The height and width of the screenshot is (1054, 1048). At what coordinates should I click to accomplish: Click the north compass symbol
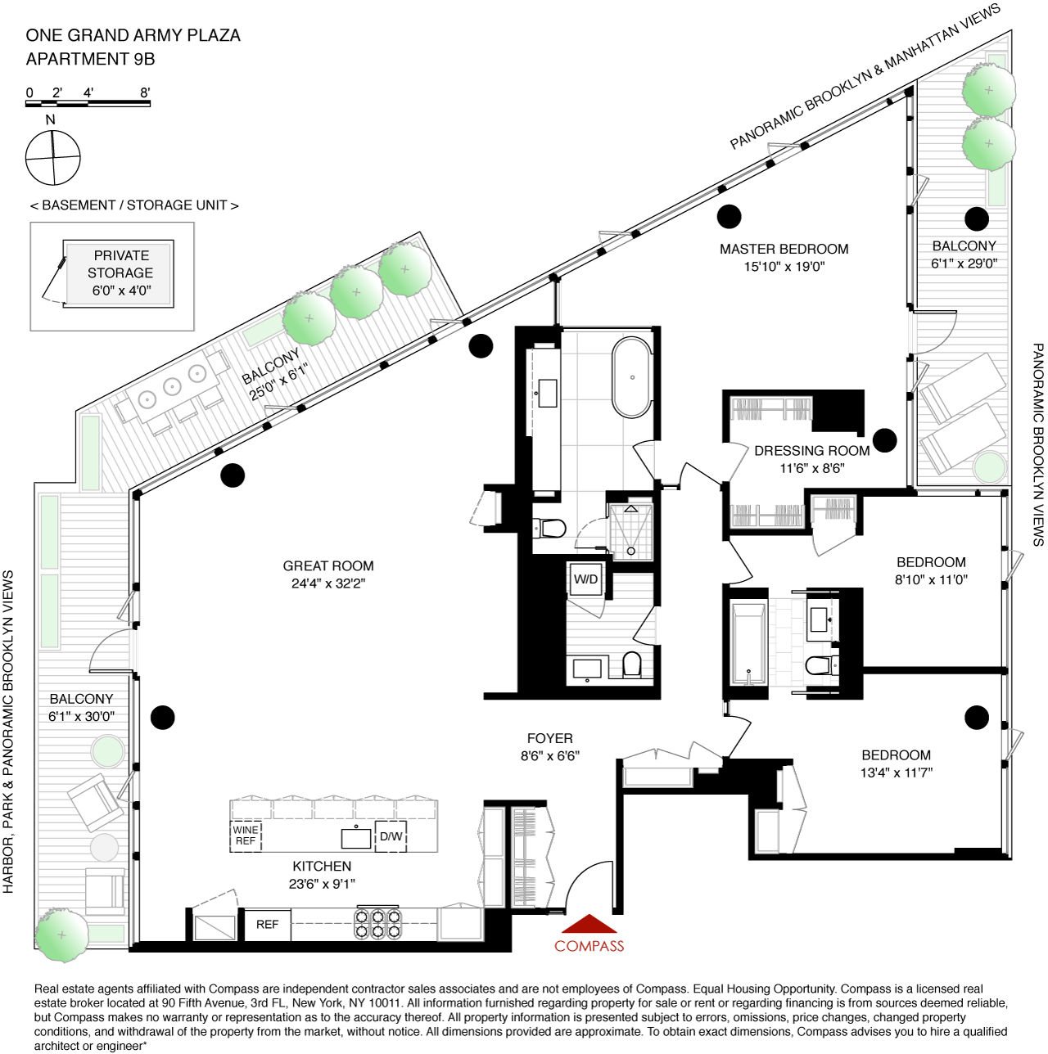click(x=53, y=157)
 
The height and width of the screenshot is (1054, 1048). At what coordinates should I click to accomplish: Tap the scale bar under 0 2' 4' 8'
click(x=88, y=104)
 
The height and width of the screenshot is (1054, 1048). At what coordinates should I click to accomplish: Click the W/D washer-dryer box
click(x=586, y=579)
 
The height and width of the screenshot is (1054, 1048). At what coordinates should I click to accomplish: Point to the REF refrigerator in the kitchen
click(x=268, y=925)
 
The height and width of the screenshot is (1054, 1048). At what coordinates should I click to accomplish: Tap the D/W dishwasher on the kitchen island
click(x=391, y=836)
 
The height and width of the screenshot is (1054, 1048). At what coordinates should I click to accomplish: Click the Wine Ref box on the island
click(x=246, y=836)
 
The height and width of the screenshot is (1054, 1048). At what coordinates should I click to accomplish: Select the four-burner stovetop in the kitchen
click(x=377, y=924)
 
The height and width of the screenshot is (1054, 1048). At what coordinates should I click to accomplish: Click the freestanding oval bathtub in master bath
click(x=632, y=377)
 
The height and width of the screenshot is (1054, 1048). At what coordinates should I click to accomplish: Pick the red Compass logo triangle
click(x=589, y=925)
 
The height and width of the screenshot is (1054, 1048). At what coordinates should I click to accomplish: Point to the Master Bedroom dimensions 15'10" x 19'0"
click(x=784, y=267)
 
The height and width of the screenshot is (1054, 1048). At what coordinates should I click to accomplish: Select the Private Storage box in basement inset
click(x=120, y=273)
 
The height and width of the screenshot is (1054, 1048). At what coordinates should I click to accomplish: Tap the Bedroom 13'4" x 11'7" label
click(x=896, y=763)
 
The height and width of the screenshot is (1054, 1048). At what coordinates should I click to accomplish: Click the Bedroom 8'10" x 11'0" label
click(x=931, y=571)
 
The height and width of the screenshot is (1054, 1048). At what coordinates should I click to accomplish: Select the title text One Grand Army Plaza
click(x=133, y=36)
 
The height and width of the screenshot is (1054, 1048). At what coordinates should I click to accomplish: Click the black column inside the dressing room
click(x=884, y=440)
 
